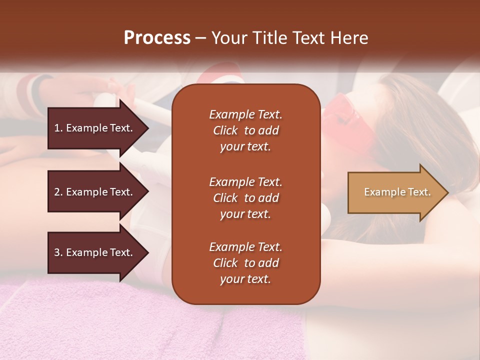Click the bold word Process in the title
pos(157,38)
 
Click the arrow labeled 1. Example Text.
pos(95,128)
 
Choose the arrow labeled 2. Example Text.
pos(95,192)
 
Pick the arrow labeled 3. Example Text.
pos(95,252)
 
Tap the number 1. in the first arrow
pos(58,128)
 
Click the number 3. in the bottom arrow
pos(58,252)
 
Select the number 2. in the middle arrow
pos(58,192)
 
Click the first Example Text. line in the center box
pos(245,114)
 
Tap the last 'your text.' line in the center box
pos(245,279)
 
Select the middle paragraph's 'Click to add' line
pos(245,198)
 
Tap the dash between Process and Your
pos(201,38)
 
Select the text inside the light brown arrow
pos(397,192)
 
